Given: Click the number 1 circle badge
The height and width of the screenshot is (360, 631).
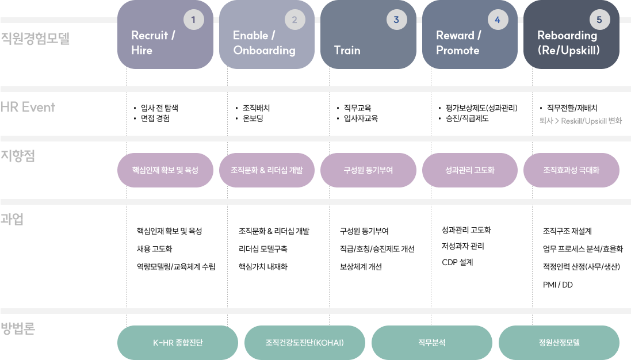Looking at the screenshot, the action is [194, 20].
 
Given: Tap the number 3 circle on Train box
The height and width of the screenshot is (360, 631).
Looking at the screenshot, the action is [396, 20].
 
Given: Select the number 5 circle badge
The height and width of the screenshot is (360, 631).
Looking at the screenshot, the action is [599, 20].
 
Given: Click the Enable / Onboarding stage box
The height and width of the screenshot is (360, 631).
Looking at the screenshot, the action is [267, 35].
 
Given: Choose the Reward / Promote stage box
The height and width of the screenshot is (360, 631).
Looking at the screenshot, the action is [469, 35].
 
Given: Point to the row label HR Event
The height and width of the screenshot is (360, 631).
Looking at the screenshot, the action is [28, 107].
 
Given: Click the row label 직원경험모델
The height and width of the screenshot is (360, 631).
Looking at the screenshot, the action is [35, 38].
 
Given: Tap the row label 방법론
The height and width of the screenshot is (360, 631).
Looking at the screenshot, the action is [18, 328].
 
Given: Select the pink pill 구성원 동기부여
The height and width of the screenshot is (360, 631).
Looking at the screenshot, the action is [368, 170].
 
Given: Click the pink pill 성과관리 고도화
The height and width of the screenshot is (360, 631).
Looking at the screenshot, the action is [469, 170].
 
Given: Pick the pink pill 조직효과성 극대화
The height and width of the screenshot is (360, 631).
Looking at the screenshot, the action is [571, 170].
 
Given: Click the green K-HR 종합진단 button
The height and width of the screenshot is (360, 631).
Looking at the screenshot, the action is [178, 343].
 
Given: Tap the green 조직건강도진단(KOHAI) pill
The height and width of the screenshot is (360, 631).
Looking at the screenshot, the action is [305, 343].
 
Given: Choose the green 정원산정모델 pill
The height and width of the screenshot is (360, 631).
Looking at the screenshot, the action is [559, 343].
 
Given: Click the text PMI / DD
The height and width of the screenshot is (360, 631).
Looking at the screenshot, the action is [558, 285].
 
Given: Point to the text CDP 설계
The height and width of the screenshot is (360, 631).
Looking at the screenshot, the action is [457, 262].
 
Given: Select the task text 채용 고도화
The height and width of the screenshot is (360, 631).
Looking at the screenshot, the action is [155, 249].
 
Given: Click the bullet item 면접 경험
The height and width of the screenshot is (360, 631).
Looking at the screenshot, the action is [155, 118].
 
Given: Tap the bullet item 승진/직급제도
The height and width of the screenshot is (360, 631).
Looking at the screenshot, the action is [467, 118].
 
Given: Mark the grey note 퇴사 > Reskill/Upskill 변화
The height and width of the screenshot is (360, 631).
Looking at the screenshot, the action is [581, 121].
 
